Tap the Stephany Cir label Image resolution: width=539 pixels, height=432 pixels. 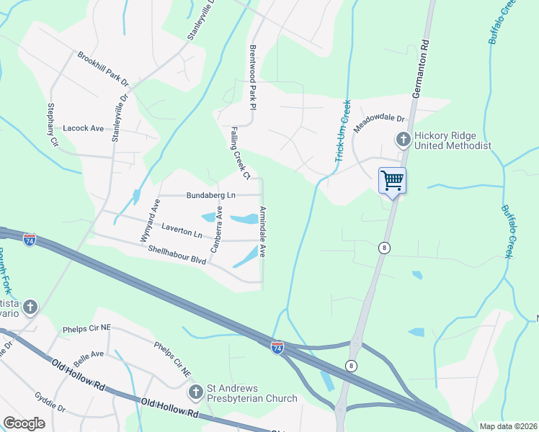click(x=51, y=124)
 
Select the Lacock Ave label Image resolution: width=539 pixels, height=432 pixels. click(x=84, y=128)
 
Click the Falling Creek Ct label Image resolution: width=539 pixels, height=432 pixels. click(x=240, y=153)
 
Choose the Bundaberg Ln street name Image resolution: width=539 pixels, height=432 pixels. click(x=211, y=195)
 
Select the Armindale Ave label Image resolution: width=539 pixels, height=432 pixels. click(x=263, y=232)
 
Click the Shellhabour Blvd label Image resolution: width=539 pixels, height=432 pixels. click(x=177, y=255)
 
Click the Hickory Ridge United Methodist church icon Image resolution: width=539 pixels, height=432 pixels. click(x=404, y=139)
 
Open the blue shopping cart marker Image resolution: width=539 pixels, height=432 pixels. click(x=392, y=180)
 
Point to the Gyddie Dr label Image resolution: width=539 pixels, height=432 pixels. click(x=50, y=402)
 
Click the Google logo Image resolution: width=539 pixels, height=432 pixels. click(x=24, y=423)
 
